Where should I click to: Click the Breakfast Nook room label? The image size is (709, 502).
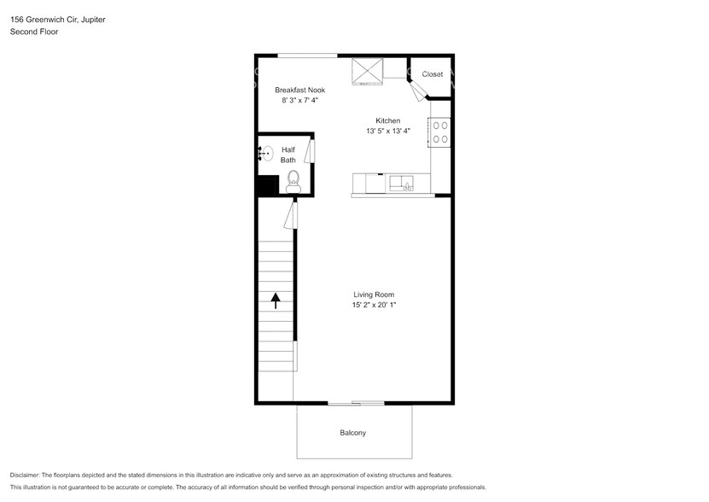[x=299, y=90]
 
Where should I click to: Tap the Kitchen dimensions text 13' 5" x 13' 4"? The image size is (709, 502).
[x=388, y=131]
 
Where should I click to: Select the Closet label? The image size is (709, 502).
[x=433, y=74]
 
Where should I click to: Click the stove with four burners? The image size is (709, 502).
[x=440, y=131]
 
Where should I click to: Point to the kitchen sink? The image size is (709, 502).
[x=401, y=184]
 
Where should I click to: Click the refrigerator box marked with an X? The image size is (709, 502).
[x=369, y=71]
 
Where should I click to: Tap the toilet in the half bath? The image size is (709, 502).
[x=293, y=180]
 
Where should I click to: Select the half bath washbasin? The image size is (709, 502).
[x=266, y=155]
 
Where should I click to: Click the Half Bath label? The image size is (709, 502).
[x=288, y=155]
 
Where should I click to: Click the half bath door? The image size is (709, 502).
[x=311, y=151]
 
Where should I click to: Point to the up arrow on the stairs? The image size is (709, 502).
[x=276, y=300]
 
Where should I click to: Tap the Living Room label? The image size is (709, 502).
[x=374, y=295]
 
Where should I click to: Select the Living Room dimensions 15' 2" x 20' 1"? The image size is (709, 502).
[x=374, y=305]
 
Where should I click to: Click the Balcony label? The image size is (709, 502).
[x=352, y=433]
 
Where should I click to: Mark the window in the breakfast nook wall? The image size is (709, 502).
[x=307, y=55]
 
